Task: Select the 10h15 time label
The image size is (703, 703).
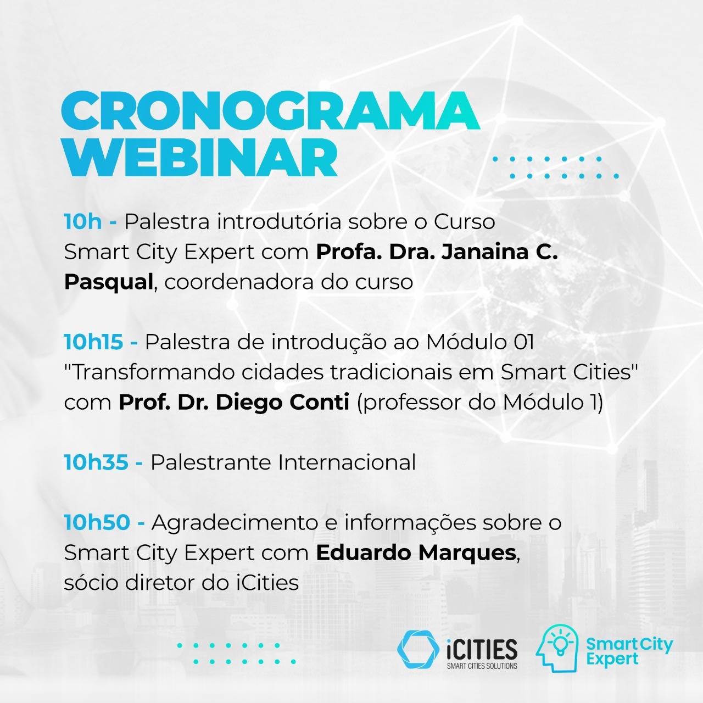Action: pos(93,342)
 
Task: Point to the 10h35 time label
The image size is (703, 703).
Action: pos(96,462)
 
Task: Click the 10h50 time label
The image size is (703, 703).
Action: pos(97,522)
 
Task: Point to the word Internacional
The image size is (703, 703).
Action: pos(347,462)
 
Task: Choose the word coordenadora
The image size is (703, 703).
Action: pos(239,282)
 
